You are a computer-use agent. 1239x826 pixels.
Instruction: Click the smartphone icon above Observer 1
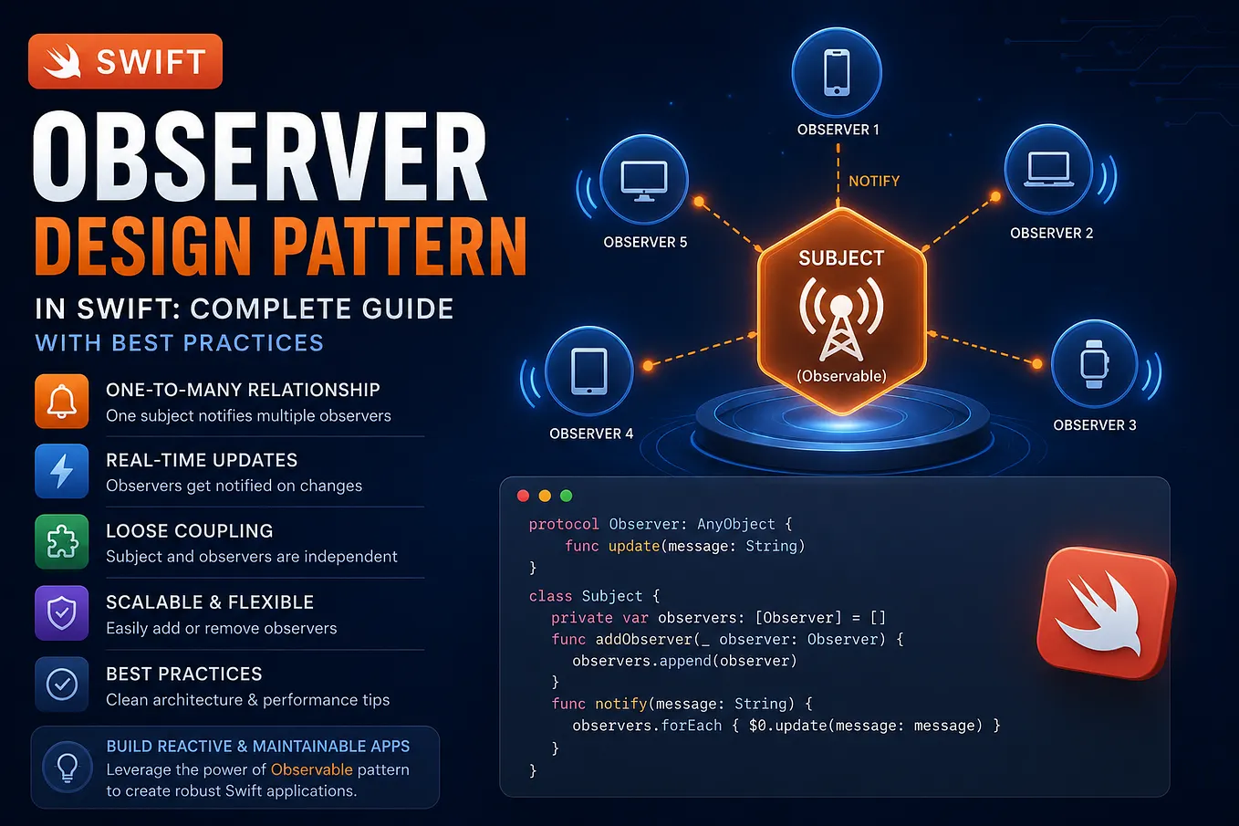coord(837,72)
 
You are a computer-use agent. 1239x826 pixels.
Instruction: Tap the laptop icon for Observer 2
coord(1048,169)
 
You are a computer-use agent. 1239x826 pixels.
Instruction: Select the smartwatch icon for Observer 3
coord(1094,364)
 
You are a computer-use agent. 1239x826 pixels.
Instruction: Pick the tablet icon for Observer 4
coord(589,371)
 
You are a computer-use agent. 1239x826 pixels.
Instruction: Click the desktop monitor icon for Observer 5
coord(644,181)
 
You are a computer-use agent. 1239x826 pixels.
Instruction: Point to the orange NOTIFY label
coord(874,181)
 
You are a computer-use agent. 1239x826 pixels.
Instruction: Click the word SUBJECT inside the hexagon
coord(841,257)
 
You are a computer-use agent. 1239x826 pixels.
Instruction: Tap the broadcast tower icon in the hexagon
coord(841,319)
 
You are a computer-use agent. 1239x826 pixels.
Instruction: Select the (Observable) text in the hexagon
coord(841,376)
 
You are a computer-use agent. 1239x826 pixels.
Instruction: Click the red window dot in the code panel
coord(523,496)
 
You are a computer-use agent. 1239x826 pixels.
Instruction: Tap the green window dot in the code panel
coord(566,496)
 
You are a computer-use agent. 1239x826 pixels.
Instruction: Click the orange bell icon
coord(61,401)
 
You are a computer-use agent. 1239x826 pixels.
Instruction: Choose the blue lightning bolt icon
coord(61,471)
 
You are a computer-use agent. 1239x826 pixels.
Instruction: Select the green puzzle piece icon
coord(61,541)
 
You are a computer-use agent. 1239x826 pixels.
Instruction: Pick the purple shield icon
coord(61,613)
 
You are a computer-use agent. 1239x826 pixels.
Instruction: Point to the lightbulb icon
coord(68,768)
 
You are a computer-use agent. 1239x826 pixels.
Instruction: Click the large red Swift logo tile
coord(1106,613)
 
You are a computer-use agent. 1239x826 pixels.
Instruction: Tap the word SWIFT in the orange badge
coord(151,61)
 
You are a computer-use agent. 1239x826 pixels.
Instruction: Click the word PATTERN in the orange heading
coord(400,246)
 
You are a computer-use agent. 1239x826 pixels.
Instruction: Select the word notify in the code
coord(620,704)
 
